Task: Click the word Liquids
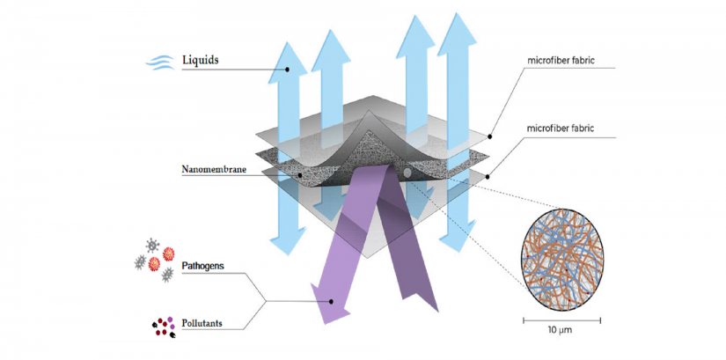(200, 60)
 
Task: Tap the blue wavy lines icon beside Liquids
(162, 61)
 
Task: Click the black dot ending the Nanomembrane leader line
(302, 174)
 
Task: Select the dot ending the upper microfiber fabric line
(489, 137)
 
